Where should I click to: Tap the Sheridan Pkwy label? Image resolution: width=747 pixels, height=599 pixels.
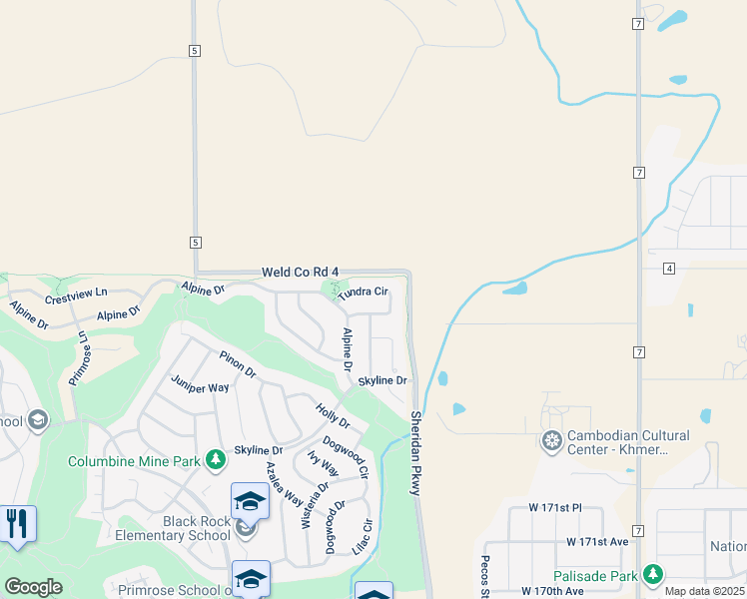[x=415, y=452]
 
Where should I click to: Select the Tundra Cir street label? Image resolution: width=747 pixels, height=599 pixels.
[x=362, y=292]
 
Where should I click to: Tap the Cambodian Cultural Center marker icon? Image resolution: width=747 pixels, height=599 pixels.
[x=551, y=440]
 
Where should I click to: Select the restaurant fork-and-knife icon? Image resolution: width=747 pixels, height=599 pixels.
[x=17, y=522]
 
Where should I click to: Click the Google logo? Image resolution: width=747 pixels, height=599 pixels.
[x=33, y=587]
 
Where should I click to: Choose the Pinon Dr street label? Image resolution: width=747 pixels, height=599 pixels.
[x=238, y=364]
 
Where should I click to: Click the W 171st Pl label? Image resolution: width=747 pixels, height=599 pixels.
[x=541, y=510]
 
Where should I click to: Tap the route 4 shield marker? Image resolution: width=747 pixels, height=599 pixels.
[x=668, y=268]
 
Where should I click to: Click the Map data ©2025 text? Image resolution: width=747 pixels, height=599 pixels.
[x=704, y=591]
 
